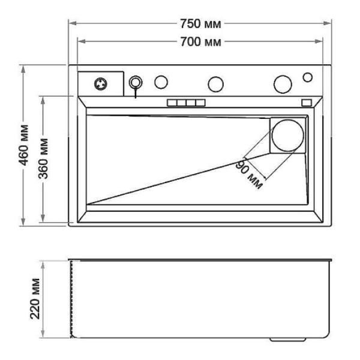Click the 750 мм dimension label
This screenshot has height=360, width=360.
pyautogui.click(x=200, y=24)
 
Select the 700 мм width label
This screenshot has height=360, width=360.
pyautogui.click(x=200, y=42)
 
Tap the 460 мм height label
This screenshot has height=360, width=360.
pyautogui.click(x=24, y=145)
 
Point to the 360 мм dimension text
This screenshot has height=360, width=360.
pyautogui.click(x=43, y=159)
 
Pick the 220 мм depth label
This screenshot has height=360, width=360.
pyautogui.click(x=35, y=299)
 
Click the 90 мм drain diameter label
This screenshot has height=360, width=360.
pyautogui.click(x=249, y=175)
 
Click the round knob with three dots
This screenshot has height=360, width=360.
pyautogui.click(x=101, y=84)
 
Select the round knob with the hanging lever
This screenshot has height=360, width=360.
pyautogui.click(x=136, y=82)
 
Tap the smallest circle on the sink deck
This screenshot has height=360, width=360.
pyautogui.click(x=308, y=77)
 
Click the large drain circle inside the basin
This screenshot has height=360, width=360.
pyautogui.click(x=287, y=136)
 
